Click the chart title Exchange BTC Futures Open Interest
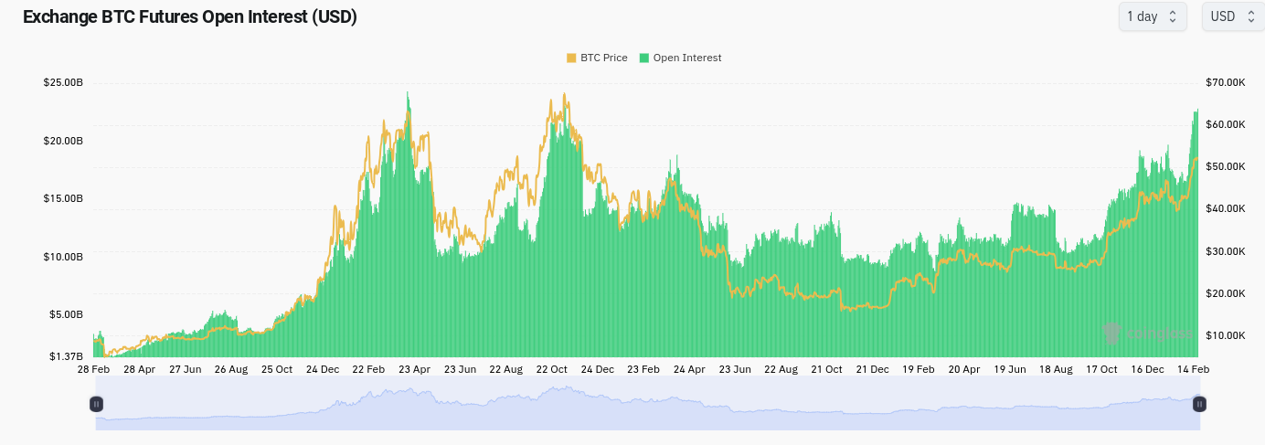click(x=189, y=17)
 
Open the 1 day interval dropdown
click(x=1152, y=16)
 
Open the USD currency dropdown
click(x=1232, y=16)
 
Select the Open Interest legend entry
click(x=681, y=58)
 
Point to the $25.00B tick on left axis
click(x=63, y=83)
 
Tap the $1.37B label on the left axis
click(x=65, y=356)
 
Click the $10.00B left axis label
click(x=63, y=257)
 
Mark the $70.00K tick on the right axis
click(x=1225, y=83)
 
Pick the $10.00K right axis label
click(x=1225, y=335)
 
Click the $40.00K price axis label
click(x=1225, y=209)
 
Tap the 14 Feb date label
click(x=1194, y=369)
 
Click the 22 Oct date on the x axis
click(x=552, y=369)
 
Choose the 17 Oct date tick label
click(x=1101, y=369)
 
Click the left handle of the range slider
click(x=96, y=404)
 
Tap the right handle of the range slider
click(x=1200, y=404)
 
